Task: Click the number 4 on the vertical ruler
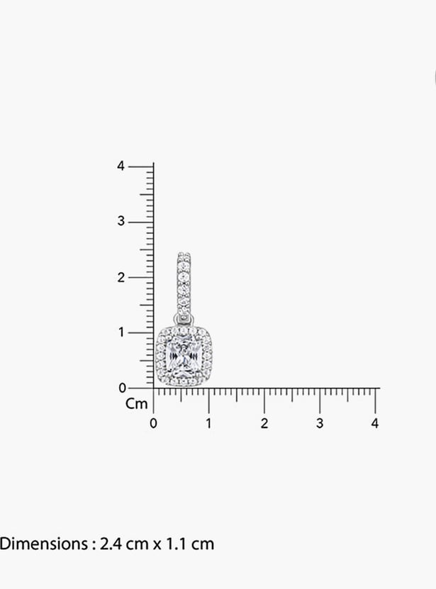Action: point(121,166)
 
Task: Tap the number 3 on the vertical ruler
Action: point(121,221)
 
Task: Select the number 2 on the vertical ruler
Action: point(121,278)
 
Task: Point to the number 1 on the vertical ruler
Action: point(121,332)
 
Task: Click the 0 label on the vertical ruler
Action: point(123,388)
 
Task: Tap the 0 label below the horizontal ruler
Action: point(153,423)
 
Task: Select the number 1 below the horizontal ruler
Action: point(208,423)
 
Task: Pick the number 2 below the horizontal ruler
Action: point(264,423)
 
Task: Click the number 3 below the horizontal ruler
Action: point(320,423)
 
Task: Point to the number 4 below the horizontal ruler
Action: point(375,423)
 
